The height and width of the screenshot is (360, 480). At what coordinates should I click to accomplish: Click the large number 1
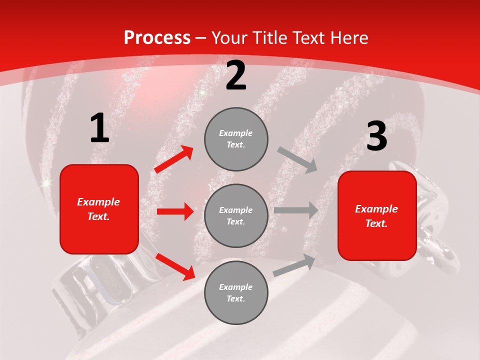point(99,128)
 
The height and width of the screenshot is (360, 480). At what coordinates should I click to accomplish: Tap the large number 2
point(236,76)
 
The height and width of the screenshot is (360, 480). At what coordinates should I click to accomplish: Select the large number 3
point(376,137)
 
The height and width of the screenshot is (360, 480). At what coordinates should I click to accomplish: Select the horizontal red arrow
point(175,211)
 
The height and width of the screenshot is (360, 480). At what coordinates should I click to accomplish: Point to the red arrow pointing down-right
point(175,266)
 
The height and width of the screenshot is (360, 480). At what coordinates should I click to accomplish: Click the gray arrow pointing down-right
point(297,160)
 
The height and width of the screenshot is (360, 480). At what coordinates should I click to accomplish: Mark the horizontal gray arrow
point(296,210)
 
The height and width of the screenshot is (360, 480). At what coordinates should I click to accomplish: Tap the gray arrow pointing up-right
point(294,265)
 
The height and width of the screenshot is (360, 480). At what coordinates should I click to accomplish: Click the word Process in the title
point(157,38)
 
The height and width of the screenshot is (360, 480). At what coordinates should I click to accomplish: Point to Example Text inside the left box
point(98,209)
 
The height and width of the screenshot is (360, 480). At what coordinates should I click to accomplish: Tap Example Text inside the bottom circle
point(236,292)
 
